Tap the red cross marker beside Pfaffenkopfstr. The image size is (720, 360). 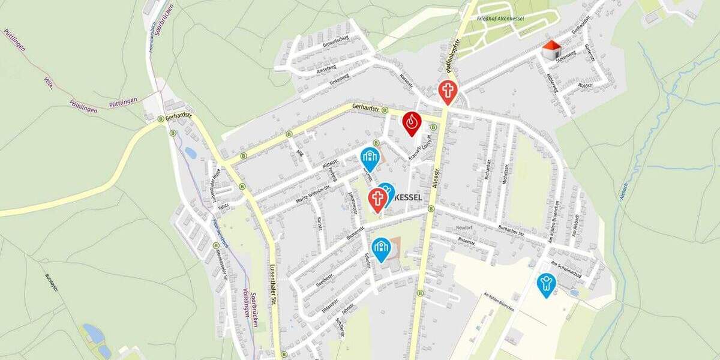click(447, 92)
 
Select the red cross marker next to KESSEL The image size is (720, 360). click(377, 199)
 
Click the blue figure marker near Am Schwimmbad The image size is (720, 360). click(546, 284)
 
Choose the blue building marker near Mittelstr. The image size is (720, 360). click(370, 158)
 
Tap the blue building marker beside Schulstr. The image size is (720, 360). click(381, 248)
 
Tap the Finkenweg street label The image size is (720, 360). click(339, 77)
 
